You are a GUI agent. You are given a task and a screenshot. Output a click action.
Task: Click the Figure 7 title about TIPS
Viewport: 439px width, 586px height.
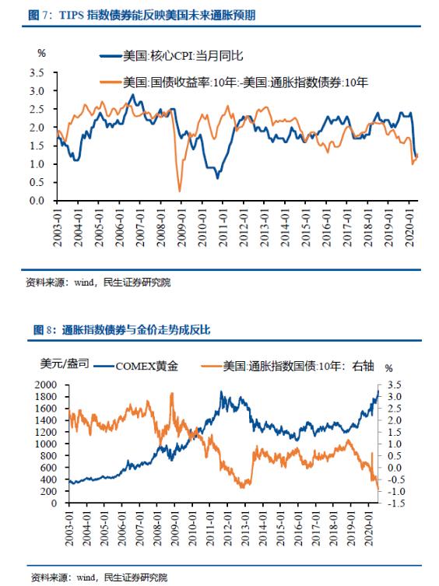[x=142, y=16]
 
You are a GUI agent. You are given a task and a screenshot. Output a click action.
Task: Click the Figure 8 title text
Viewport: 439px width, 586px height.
[x=122, y=330]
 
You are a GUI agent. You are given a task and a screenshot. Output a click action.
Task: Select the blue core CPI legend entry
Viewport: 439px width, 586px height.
[x=171, y=56]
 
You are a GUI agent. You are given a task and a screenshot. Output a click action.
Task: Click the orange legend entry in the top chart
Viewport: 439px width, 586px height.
[x=234, y=82]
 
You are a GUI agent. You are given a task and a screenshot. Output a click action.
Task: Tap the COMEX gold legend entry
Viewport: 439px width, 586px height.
[x=135, y=366]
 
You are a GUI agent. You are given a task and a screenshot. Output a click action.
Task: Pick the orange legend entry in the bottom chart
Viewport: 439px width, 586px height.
[x=287, y=366]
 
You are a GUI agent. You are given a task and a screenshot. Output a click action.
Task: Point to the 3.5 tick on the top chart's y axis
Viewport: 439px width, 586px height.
[x=37, y=72]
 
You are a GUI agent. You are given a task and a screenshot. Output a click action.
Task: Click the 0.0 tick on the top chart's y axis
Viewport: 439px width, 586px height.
[x=37, y=200]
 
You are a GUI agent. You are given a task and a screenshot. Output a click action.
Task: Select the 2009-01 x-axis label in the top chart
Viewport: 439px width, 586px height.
[x=181, y=227]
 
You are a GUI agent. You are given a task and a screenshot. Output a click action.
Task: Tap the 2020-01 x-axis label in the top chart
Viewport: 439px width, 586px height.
[x=410, y=227]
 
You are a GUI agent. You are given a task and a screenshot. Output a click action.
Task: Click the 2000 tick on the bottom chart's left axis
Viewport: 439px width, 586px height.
[x=46, y=384]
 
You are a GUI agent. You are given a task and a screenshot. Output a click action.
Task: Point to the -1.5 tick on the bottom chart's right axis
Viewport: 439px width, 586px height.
[x=396, y=503]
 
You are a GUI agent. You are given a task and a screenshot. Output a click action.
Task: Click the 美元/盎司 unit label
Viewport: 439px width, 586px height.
[x=65, y=363]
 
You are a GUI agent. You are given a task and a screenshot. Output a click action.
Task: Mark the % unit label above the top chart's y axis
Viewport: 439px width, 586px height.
[x=41, y=53]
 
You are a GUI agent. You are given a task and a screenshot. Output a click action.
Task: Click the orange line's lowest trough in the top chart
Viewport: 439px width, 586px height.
[x=180, y=191]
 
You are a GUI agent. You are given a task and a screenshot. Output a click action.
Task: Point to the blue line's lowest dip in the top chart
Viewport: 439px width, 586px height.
[x=218, y=178]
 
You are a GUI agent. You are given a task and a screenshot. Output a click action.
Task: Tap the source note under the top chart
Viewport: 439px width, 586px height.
[x=98, y=282]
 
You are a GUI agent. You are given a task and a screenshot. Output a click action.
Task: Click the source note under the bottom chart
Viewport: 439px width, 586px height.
[x=99, y=577]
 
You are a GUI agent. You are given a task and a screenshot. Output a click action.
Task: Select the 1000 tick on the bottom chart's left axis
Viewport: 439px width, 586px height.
[x=46, y=444]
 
